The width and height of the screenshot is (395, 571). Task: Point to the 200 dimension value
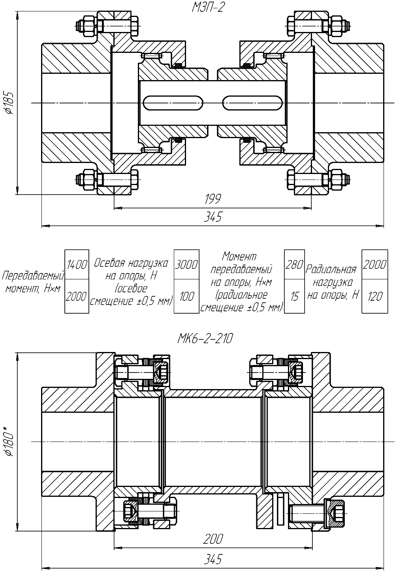(214, 538)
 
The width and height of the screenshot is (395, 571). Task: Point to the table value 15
(294, 296)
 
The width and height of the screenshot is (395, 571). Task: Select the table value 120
(373, 296)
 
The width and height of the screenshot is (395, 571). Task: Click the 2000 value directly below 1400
(76, 296)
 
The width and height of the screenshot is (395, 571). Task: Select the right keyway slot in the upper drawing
(253, 103)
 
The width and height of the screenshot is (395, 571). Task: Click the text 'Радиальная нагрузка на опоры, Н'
(332, 281)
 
